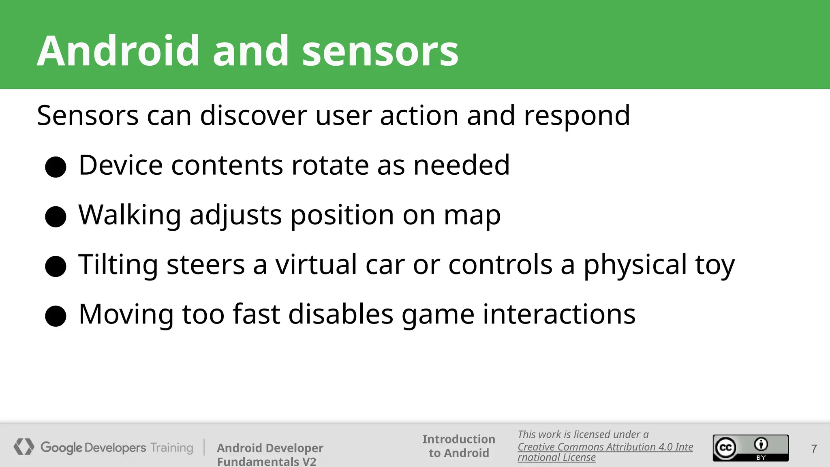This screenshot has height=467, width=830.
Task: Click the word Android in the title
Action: [118, 51]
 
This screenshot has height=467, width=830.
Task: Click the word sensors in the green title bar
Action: [380, 52]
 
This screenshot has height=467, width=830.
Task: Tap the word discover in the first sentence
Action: [253, 116]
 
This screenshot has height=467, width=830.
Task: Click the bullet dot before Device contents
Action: [56, 167]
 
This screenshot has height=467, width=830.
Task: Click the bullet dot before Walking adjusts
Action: [56, 216]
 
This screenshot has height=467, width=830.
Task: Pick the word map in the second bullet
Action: [472, 216]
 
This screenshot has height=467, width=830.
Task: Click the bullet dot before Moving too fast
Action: [56, 316]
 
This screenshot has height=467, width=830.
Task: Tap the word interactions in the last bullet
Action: [559, 314]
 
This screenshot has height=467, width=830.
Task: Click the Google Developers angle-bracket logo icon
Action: [24, 447]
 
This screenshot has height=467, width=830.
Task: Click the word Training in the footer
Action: [172, 448]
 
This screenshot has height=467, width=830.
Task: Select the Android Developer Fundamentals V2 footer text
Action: [270, 454]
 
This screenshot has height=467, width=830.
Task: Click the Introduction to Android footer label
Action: [459, 446]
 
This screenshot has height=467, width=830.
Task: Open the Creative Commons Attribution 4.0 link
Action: [605, 447]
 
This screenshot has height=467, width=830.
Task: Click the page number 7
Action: [814, 449]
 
